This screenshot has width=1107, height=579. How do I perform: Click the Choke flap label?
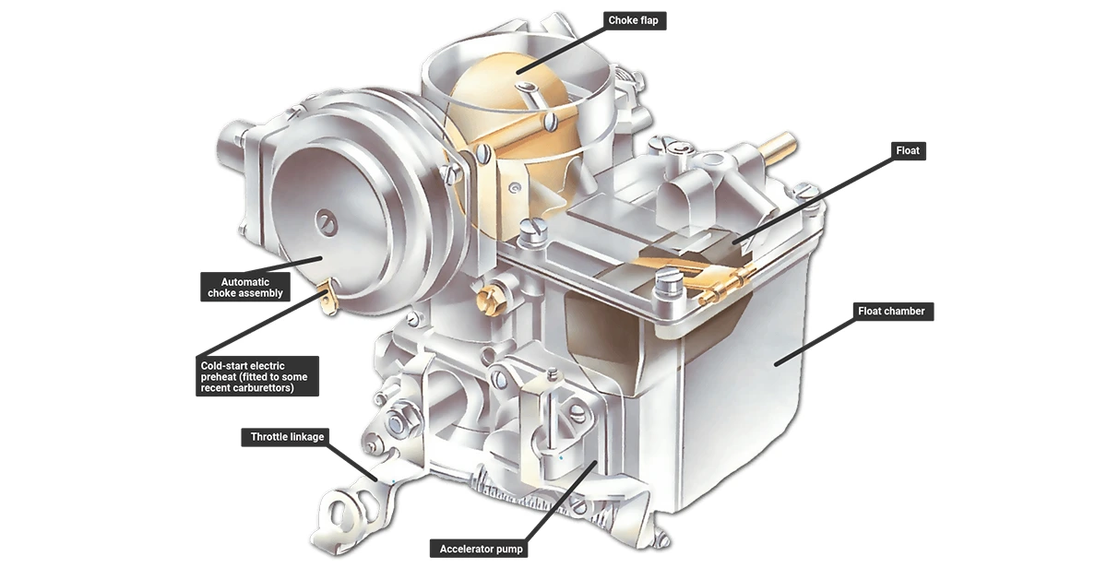coord(635,21)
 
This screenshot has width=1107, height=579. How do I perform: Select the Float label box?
coord(908,150)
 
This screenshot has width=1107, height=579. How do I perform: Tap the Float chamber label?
coord(893,312)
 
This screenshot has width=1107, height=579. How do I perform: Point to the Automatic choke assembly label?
coord(245,287)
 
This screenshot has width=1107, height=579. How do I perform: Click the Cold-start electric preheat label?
coord(257,376)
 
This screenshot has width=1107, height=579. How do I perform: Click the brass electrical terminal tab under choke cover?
coord(328,298)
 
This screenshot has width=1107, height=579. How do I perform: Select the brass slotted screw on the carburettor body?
coord(490,300)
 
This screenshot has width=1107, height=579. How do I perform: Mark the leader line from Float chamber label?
coord(815,342)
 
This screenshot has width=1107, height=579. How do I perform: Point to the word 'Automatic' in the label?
coord(245,282)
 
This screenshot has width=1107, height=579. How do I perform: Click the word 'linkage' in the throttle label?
coord(306,437)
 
